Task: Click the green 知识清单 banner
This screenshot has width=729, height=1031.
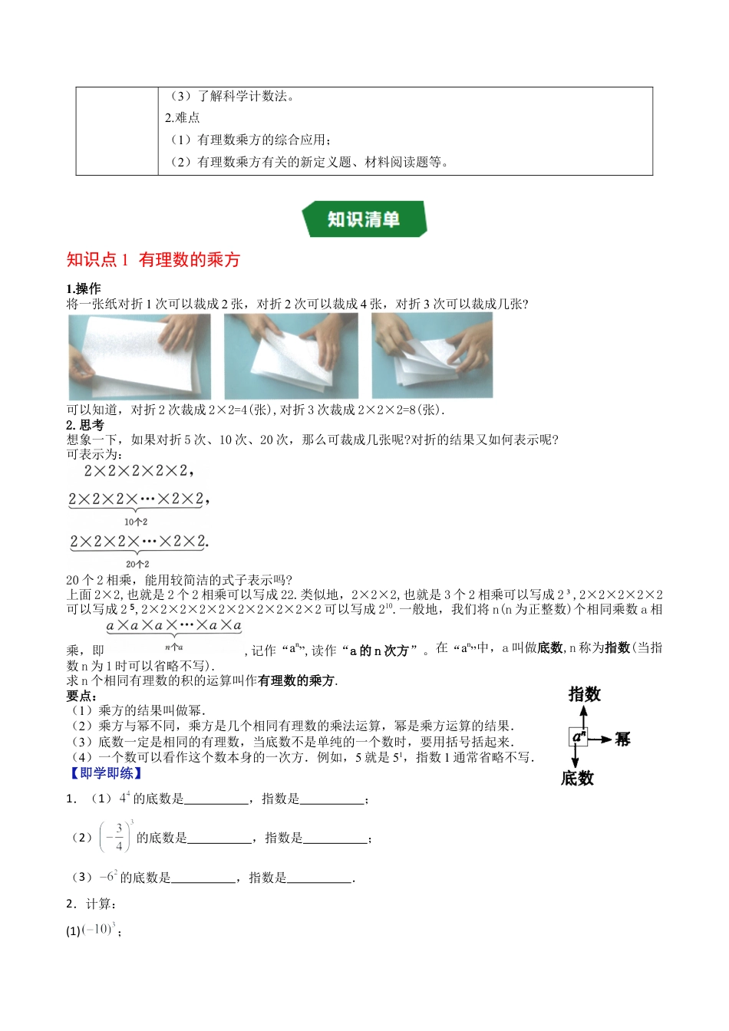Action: click(x=364, y=219)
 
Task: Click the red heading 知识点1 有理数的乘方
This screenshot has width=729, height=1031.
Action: click(x=153, y=260)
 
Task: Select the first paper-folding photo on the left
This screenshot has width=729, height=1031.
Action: click(x=139, y=356)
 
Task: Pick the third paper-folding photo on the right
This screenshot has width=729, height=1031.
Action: click(x=432, y=355)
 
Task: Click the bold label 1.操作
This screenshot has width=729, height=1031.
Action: click(x=84, y=288)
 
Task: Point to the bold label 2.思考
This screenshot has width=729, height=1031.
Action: click(x=85, y=425)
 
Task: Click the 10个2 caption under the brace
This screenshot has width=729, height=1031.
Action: click(x=136, y=522)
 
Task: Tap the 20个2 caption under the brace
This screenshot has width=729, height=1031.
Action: click(x=137, y=564)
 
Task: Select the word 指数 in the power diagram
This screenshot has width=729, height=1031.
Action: click(x=584, y=694)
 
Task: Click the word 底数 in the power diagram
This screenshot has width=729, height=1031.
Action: click(x=577, y=779)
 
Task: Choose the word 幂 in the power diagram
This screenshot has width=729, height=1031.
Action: click(x=622, y=739)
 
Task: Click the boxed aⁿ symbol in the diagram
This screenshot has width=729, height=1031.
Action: click(x=579, y=737)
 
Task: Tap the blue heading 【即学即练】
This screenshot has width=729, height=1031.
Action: click(x=105, y=773)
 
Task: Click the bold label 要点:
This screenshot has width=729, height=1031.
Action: click(x=81, y=696)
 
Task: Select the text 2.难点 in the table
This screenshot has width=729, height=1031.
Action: click(x=183, y=118)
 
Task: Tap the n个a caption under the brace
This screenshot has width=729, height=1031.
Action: click(x=174, y=647)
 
